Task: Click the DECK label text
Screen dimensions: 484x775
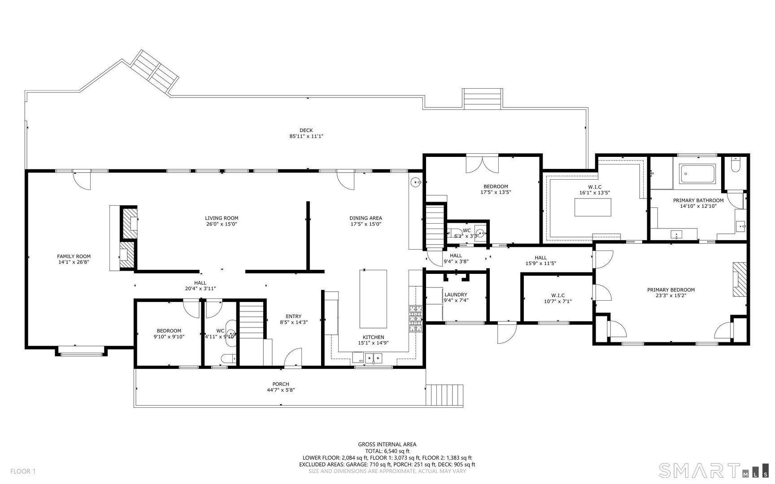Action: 306,130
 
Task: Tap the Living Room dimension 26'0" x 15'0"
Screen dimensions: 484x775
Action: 222,224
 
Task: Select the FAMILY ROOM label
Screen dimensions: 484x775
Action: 74,257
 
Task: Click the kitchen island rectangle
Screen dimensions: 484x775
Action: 373,299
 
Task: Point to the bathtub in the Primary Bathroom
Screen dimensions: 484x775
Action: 697,174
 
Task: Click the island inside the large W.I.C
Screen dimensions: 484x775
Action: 593,207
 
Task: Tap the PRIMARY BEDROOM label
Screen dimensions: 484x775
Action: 671,290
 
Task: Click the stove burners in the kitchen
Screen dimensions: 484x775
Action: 415,319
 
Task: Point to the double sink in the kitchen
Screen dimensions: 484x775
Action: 373,358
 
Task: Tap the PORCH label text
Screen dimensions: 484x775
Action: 281,384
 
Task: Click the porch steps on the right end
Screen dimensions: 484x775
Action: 444,395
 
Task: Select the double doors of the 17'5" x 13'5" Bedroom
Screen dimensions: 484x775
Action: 482,164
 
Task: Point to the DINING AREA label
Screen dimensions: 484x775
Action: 366,218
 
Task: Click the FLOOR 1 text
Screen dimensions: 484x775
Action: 23,471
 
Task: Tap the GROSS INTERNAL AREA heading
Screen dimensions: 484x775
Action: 387,445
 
